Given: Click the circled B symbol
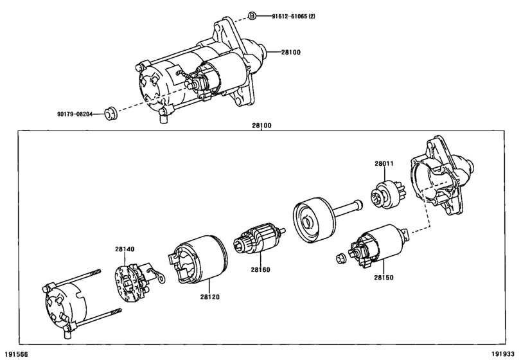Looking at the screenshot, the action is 252,15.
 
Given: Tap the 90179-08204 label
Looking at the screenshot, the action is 75,114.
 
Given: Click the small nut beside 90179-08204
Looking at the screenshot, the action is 111,114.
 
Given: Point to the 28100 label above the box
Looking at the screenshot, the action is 261,125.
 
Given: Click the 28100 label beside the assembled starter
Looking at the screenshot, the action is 291,52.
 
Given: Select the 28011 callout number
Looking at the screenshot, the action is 384,163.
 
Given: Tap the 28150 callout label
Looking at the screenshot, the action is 384,277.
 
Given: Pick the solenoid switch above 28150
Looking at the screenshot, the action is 379,246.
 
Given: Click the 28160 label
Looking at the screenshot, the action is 261,269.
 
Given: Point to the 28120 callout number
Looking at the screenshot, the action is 210,296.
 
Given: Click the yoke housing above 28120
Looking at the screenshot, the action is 198,259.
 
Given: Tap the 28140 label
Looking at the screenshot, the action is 125,249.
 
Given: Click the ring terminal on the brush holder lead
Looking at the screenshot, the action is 161,278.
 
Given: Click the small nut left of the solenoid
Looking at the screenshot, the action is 340,258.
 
